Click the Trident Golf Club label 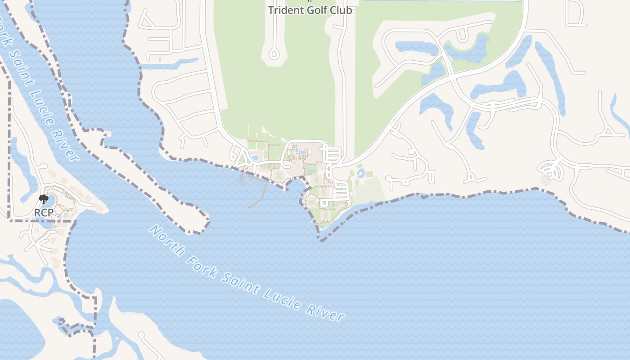310,10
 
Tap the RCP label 44,212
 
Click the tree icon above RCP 43,199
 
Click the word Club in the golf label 342,10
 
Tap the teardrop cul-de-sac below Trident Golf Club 274,54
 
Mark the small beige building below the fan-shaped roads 546,180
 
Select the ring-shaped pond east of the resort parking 360,173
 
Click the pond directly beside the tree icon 50,199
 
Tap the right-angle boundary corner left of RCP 9,220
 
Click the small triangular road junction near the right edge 609,131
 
